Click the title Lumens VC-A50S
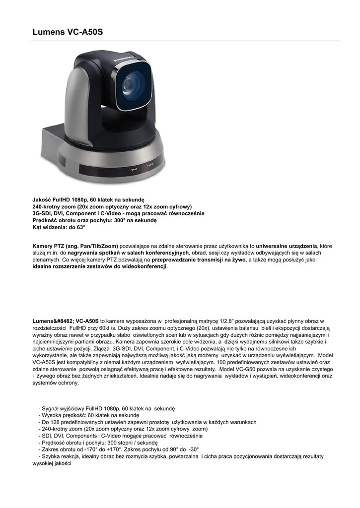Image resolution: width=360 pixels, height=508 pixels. pos(68,32)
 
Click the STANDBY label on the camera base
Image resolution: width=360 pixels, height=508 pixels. pos(150,165)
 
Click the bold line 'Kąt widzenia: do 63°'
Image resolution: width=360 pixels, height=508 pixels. pos(59,227)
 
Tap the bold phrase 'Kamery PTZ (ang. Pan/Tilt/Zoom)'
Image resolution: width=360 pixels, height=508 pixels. pos(75,246)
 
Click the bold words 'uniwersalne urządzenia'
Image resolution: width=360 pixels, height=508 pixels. pos(287,246)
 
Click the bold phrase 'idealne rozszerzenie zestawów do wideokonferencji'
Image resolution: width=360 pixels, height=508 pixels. pos(100,267)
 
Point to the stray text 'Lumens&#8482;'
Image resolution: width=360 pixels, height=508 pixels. pos(53,321)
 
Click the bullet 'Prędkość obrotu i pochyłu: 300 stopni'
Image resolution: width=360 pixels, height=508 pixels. pos(100,443)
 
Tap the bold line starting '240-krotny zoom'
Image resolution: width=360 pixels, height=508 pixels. pos(112,206)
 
